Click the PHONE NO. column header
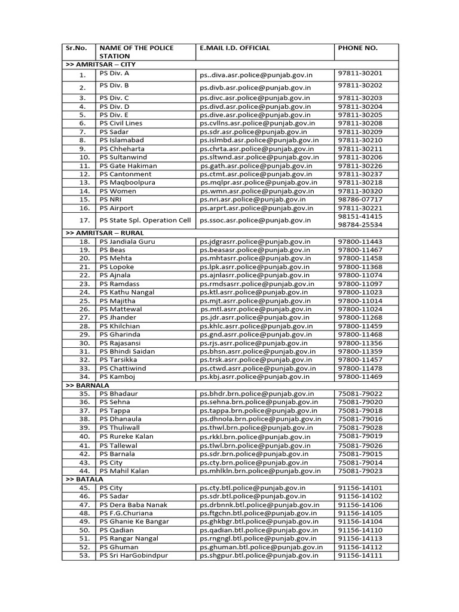357,48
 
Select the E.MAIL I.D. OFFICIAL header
235,48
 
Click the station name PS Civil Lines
121,123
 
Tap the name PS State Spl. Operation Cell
145,220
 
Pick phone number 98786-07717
360,199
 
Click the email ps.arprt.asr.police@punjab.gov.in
256,208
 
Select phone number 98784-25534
360,225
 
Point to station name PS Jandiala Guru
127,241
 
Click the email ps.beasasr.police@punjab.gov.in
256,250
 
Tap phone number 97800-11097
360,283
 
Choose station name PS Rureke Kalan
127,436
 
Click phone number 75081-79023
360,471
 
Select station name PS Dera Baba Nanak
134,505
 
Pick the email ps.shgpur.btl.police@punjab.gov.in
259,555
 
